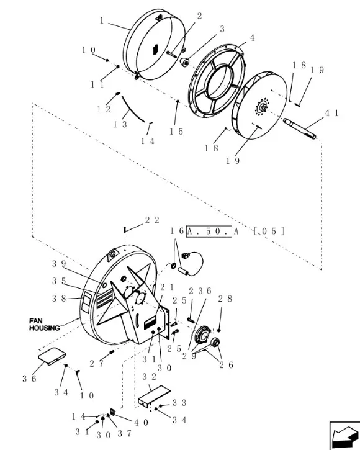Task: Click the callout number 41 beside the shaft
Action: point(331,113)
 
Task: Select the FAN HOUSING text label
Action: point(44,324)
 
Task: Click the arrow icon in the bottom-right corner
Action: point(344,436)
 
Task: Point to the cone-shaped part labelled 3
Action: point(184,62)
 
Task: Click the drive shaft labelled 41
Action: point(300,129)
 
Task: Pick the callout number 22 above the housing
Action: point(152,220)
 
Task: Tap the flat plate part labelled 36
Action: point(52,356)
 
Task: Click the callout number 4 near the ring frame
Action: point(252,38)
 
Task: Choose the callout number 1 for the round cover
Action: point(102,20)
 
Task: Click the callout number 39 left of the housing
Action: point(59,264)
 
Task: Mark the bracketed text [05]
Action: point(269,232)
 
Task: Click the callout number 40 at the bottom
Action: point(142,423)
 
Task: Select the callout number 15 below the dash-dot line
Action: point(176,132)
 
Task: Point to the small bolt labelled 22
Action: point(125,230)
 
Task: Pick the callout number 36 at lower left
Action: point(29,379)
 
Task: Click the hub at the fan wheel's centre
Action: point(262,107)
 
